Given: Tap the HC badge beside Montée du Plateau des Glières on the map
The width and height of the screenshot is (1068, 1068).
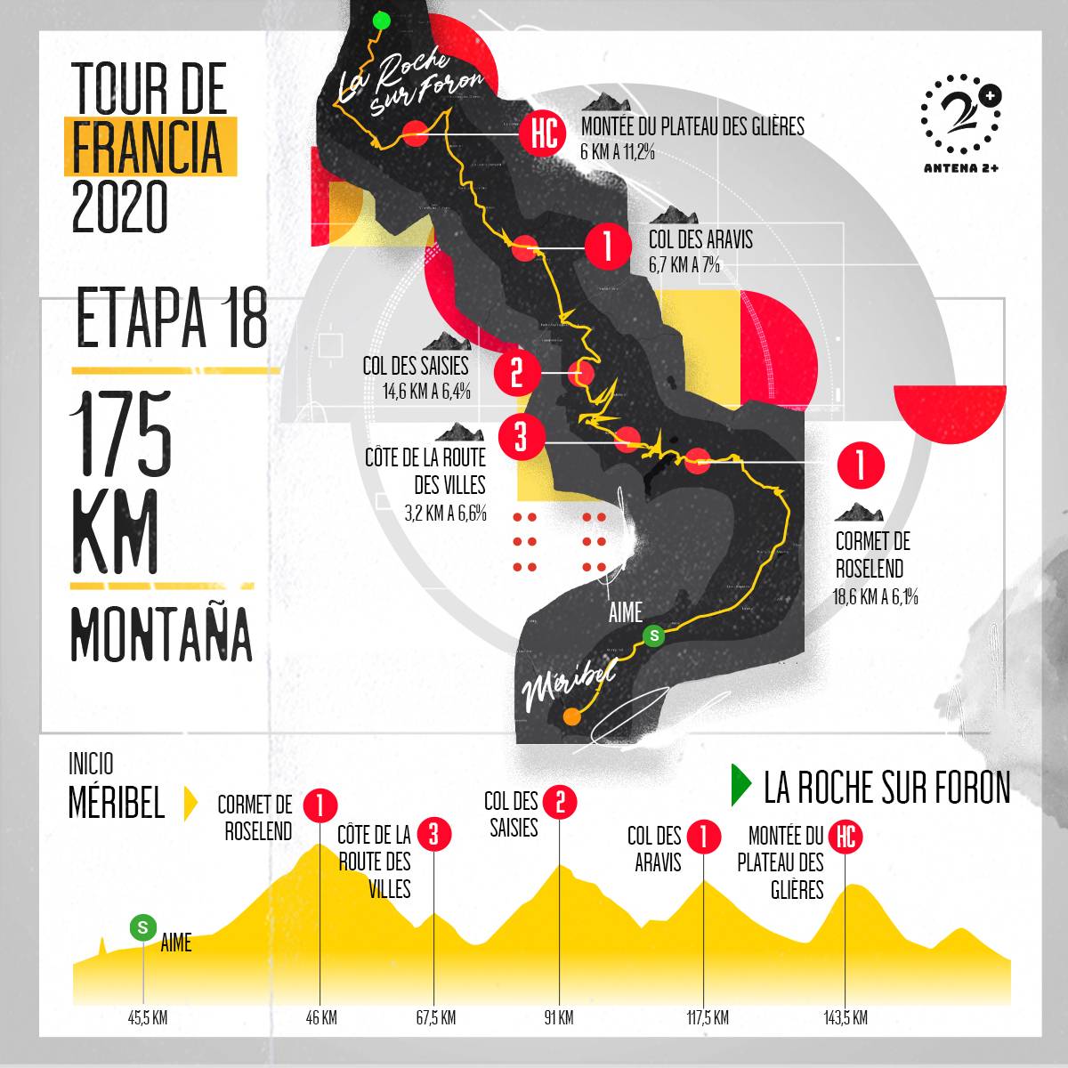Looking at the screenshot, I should pos(543,134).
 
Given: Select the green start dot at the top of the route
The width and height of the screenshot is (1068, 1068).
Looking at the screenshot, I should pos(381,20).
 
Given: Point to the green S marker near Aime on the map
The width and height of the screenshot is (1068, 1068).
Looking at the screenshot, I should pos(654,635).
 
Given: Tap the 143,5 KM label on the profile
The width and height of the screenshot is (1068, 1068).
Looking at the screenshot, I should pos(845,1018).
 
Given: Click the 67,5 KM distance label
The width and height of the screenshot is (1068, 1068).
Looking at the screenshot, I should pos(435,1018).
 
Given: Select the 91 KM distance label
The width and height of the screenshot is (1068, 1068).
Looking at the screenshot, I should pos(559,1018).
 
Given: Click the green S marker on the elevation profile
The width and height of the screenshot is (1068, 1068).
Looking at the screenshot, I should pos(142,927).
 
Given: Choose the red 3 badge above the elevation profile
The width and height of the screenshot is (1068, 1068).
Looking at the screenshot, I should pos(433,835).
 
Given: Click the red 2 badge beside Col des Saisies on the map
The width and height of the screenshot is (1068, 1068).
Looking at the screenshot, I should pos(516,373).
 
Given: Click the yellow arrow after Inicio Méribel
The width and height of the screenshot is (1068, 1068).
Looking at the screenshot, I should pos(190,804).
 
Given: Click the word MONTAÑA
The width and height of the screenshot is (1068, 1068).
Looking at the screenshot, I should pos(160,633).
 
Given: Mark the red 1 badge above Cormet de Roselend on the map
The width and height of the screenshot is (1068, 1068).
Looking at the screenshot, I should pos(861,465).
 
